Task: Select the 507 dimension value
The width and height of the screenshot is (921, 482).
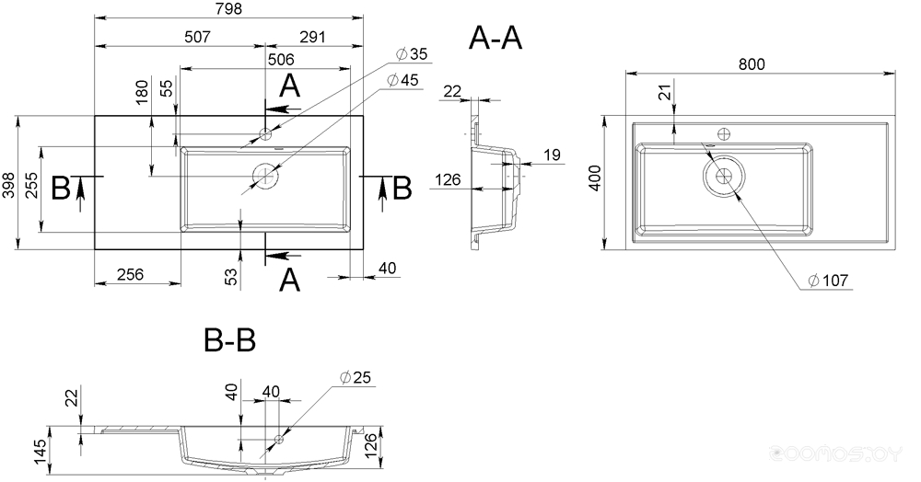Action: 197,37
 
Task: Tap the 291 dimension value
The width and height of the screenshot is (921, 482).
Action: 312,37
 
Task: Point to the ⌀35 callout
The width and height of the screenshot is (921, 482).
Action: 413,54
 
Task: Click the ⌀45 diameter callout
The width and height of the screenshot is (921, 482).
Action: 403,80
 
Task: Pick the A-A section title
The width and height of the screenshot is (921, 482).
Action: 495,39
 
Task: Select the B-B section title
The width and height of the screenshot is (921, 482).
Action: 229,340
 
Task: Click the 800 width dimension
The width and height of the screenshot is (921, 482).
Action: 752,63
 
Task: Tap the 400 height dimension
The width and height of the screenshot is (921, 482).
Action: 595,178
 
